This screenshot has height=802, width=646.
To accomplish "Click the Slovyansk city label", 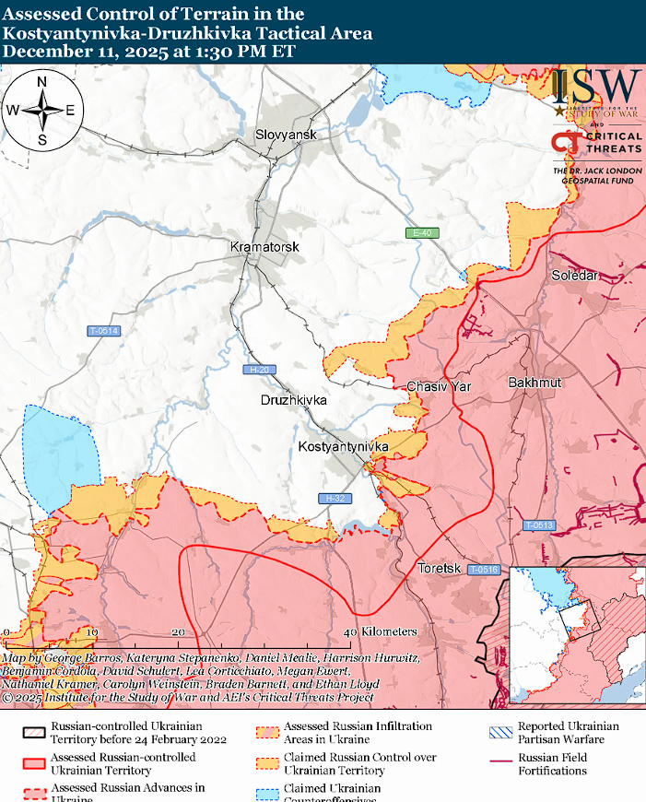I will tap(286, 136).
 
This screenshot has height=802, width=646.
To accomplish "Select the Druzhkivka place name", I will tap(293, 401).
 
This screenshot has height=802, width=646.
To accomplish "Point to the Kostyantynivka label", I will tap(344, 447).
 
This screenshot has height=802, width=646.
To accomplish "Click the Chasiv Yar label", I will tap(439, 386).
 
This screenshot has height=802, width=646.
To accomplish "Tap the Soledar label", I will tap(574, 276).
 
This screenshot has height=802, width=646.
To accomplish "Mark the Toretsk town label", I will tap(438, 568).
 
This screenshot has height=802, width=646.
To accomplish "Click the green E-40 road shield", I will tap(423, 233).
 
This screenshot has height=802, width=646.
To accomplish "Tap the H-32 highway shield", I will tap(334, 499).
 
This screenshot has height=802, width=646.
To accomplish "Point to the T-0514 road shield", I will tap(103, 331).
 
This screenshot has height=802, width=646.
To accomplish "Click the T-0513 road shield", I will tap(539, 525).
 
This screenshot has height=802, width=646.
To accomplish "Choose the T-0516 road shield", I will tap(482, 570).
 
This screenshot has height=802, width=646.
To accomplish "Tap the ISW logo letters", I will tap(597, 88).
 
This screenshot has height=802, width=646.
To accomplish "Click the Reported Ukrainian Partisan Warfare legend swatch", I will tap(499, 733).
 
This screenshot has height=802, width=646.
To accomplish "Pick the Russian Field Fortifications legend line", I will tap(499, 761).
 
